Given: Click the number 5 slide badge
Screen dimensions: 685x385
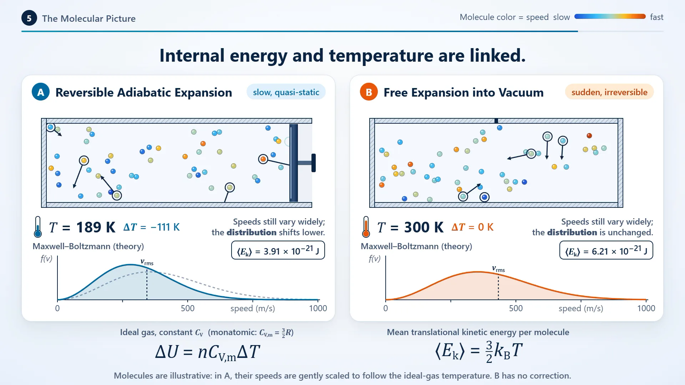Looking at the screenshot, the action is coord(29,18).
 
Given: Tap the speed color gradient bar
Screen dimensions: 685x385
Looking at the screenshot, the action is coord(610,16).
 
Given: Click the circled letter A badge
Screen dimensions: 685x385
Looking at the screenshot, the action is coord(41,92).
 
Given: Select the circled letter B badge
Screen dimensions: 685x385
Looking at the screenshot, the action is coord(369,92).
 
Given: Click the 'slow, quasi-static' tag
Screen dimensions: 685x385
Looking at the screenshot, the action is coord(286,92).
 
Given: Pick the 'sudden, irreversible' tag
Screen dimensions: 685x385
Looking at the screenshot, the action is coord(609,92).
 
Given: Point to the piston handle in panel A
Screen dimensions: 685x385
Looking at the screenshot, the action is coord(314,163).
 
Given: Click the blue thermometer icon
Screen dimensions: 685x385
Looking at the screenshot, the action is coord(38,227).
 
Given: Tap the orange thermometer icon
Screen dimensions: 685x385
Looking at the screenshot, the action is coord(366,227).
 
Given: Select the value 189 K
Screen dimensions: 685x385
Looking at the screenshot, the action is coord(96,227).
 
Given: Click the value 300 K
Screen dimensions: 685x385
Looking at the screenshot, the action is coord(424,227).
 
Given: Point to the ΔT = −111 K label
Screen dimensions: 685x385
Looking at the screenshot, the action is coord(152,227).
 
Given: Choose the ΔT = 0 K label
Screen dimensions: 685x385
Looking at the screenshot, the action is coord(472,227).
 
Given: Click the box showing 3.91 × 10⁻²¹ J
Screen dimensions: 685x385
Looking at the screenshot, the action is coord(278,250).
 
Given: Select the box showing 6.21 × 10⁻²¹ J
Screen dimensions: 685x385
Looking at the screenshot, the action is coord(606,250).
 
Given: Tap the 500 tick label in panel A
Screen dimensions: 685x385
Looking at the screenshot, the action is coord(188,308).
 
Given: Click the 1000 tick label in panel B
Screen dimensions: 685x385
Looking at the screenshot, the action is coord(646,308).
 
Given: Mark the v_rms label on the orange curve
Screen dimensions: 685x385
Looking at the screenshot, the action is coord(498,269).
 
